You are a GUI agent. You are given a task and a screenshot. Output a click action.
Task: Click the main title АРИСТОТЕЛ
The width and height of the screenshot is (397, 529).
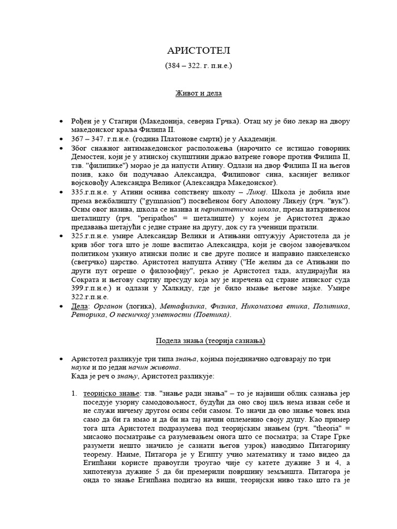pyautogui.click(x=198, y=51)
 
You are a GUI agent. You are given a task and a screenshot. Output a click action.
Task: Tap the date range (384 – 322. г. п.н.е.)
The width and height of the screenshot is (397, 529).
pyautogui.click(x=198, y=66)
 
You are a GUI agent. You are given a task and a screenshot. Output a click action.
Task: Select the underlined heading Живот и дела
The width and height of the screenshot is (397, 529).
pyautogui.click(x=198, y=94)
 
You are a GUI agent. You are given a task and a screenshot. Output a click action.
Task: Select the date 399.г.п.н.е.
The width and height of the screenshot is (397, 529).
pyautogui.click(x=91, y=288)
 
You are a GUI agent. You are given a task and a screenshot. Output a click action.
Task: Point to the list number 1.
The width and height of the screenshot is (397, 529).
pyautogui.click(x=74, y=394)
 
